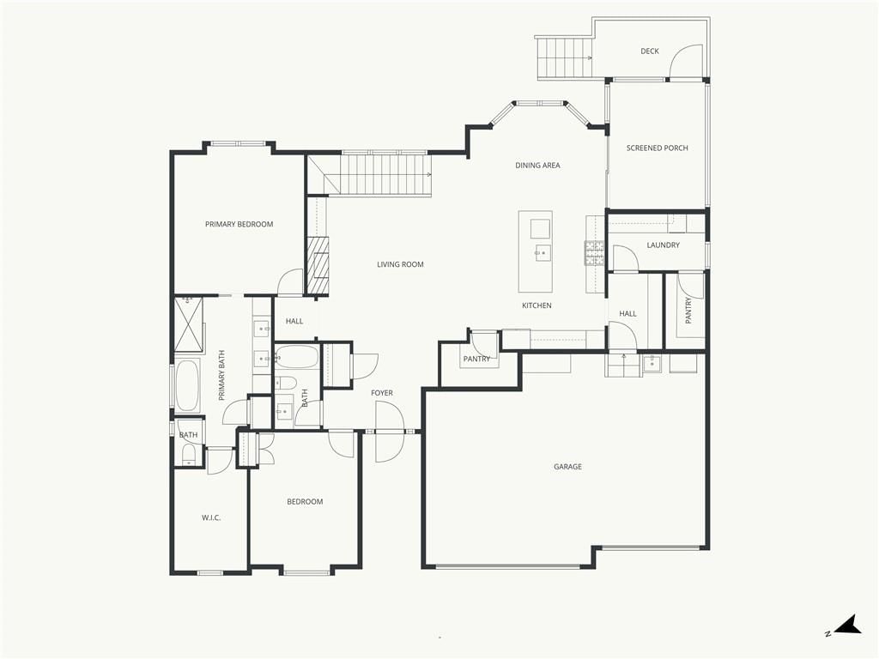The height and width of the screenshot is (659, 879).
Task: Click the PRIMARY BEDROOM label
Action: pyautogui.click(x=239, y=224)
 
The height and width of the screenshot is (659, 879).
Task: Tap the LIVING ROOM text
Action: pyautogui.click(x=400, y=264)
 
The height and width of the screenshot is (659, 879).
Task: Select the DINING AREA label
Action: pyautogui.click(x=537, y=166)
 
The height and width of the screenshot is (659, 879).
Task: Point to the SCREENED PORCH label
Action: pyautogui.click(x=657, y=148)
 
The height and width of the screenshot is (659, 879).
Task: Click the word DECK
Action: pyautogui.click(x=650, y=51)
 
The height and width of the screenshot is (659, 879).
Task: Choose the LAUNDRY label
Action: pyautogui.click(x=664, y=245)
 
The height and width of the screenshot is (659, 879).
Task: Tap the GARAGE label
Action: pyautogui.click(x=568, y=466)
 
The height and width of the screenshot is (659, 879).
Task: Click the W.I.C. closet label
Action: pyautogui.click(x=211, y=517)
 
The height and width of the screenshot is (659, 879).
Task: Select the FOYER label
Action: pyautogui.click(x=382, y=393)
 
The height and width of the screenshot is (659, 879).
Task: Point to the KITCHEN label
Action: pyautogui.click(x=536, y=305)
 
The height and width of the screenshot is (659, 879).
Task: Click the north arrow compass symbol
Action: pyautogui.click(x=846, y=626)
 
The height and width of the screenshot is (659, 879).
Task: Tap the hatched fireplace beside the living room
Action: pyautogui.click(x=318, y=265)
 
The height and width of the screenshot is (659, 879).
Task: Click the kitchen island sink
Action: pyautogui.click(x=543, y=253)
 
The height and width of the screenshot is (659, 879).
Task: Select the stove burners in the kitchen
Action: pyautogui.click(x=595, y=253)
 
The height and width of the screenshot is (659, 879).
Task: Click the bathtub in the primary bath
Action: pyautogui.click(x=188, y=386)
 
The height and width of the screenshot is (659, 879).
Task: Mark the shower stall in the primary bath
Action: pyautogui.click(x=188, y=325)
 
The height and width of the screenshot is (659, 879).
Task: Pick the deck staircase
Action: pyautogui.click(x=565, y=57)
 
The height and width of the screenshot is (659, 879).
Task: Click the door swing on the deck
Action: pyautogui.click(x=685, y=61)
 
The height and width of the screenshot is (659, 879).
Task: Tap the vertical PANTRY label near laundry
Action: pyautogui.click(x=688, y=310)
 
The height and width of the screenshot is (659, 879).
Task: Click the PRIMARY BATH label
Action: pyautogui.click(x=221, y=376)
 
